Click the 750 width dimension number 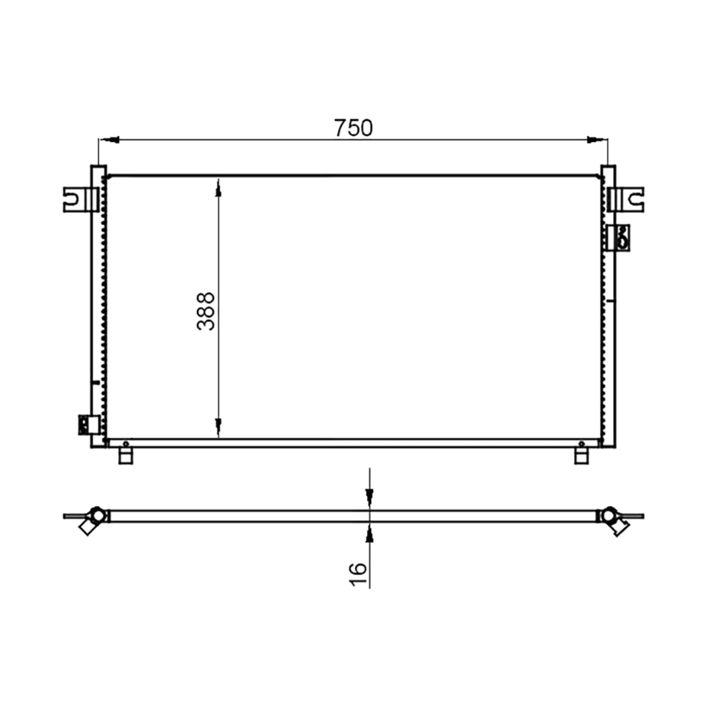pos(353,128)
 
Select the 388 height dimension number pos(206,311)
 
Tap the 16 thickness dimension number pos(358,574)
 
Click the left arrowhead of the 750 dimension pos(109,139)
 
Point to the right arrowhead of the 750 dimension pos(597,139)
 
